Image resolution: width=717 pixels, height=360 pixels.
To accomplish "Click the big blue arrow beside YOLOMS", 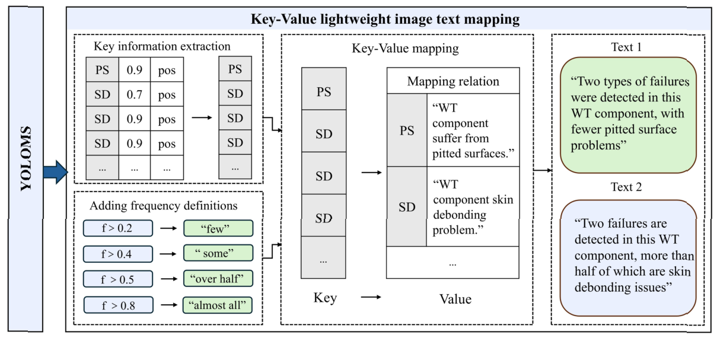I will pos(55,171).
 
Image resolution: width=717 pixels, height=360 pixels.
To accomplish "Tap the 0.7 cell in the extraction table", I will pos(134,94).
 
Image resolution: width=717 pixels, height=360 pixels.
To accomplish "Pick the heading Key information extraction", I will pos(162,46).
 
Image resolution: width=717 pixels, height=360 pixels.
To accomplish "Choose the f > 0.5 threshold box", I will pos(118,279).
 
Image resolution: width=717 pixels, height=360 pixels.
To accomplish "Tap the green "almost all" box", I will pos(218,305).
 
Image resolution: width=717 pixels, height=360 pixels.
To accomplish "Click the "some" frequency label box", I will pos(218,254).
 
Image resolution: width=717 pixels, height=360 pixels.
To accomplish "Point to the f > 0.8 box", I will pos(118,305).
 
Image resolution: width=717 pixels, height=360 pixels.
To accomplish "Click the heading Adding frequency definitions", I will pos(163,206).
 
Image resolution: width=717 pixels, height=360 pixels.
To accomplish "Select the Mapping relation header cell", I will pos(453,81).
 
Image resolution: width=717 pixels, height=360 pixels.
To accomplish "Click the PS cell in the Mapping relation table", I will pos(407,130).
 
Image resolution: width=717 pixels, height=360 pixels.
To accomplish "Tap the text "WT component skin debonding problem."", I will pos(473,206).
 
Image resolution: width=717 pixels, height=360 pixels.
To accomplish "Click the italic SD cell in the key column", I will pos(323,218).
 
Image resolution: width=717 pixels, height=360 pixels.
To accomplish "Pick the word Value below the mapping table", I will pos(455,299).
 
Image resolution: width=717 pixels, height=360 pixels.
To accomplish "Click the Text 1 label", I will pos(626,47).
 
